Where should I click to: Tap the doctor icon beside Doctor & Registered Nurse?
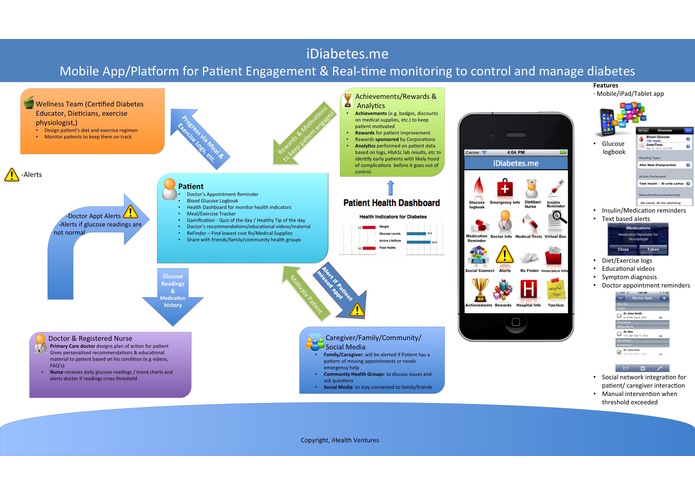coord(42,340)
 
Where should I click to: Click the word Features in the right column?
coord(605,87)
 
